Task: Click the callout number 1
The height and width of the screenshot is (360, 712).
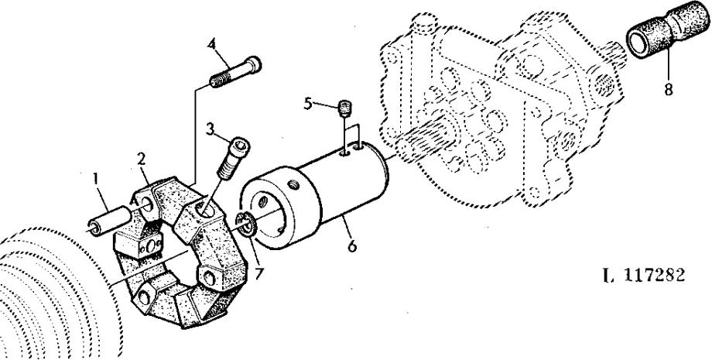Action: coord(95,179)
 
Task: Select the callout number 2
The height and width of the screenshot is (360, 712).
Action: coord(142,159)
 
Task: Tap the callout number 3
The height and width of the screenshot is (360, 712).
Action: coord(210,129)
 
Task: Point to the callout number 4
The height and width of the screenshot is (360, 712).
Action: coord(212,44)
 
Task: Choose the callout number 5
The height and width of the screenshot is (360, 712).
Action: coord(308,104)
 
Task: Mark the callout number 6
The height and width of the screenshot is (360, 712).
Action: coord(352,246)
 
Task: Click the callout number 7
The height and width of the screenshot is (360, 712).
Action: coord(258,274)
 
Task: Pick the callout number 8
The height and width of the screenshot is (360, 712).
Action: coord(669,90)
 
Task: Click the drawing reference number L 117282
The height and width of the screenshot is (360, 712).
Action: coord(644,275)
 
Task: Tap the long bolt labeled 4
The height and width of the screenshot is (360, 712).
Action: coord(236,71)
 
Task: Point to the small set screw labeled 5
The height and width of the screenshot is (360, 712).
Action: coord(346,109)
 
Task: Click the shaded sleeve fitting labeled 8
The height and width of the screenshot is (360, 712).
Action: coord(667,29)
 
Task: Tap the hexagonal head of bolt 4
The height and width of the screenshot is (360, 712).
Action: coord(253,63)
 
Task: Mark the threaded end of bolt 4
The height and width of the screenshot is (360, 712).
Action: coord(219,81)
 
